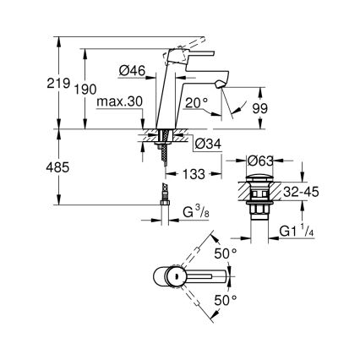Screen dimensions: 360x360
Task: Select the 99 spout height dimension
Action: pyautogui.click(x=260, y=108)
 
